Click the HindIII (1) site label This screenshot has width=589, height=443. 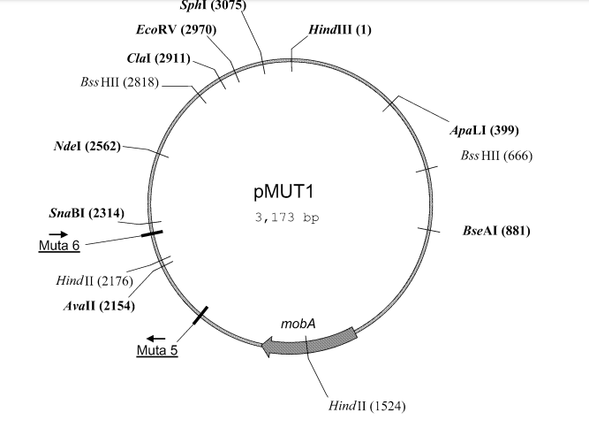340,30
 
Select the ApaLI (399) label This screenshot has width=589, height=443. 484,131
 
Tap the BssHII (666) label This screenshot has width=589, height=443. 496,156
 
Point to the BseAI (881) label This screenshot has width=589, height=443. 496,232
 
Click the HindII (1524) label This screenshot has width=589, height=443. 369,406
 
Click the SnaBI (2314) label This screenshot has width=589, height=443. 87,213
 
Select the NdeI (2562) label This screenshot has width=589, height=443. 87,146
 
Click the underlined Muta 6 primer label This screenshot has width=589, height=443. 59,246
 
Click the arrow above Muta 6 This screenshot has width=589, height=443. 46,233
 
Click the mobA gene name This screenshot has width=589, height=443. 298,324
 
